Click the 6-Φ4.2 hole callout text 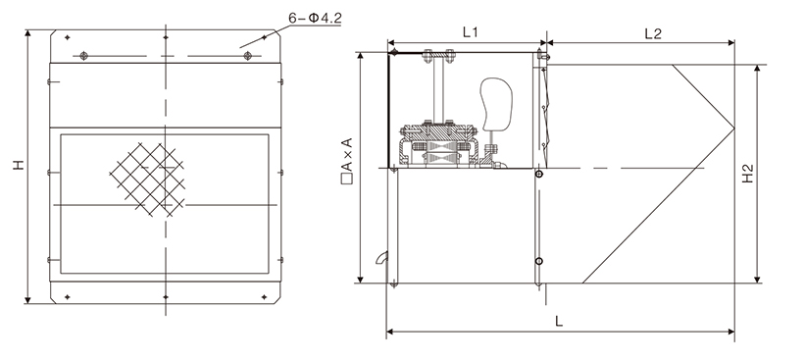point(315,18)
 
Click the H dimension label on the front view point(19,165)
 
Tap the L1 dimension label point(470,32)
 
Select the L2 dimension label point(653,33)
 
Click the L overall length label point(559,322)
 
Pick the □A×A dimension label point(347,161)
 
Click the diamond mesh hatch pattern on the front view point(147,179)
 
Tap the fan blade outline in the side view point(496,104)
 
